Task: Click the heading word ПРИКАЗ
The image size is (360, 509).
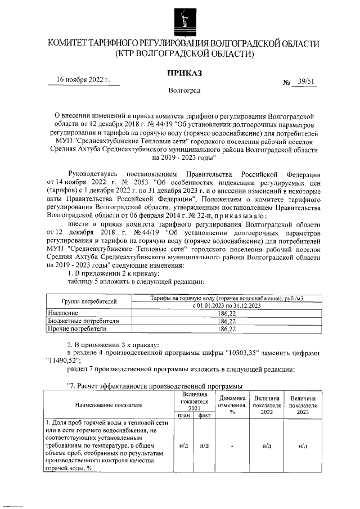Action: (184, 72)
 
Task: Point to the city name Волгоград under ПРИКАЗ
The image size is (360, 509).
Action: (184, 90)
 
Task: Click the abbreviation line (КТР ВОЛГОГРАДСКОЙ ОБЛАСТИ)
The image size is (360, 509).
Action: (184, 54)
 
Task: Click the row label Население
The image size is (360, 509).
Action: (63, 312)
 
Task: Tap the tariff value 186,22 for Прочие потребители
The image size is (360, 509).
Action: (226, 328)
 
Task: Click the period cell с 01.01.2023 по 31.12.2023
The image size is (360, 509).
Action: (226, 305)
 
